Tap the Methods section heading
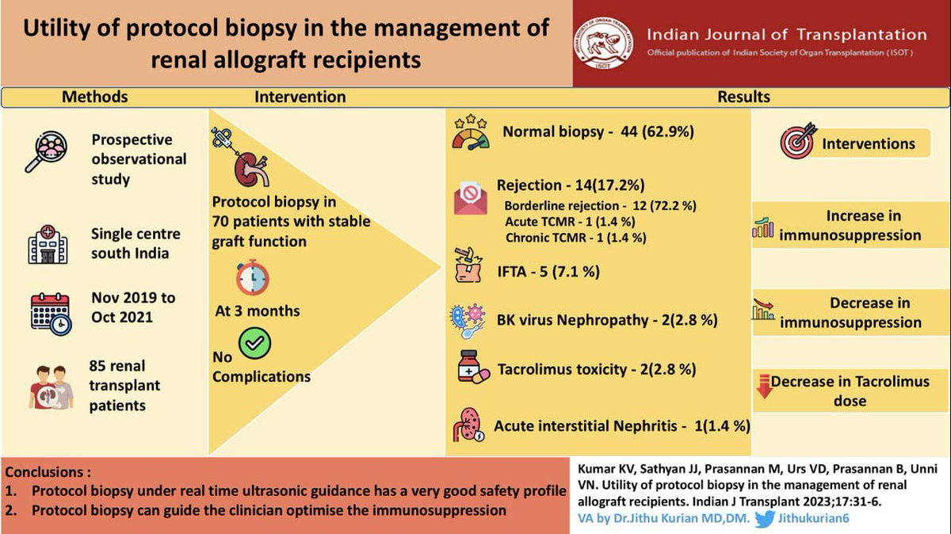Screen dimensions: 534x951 click(95, 97)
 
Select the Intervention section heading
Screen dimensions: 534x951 click(300, 97)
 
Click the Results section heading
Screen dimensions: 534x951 click(743, 97)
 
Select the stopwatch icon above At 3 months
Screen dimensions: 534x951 click(253, 277)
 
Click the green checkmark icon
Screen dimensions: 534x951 click(254, 343)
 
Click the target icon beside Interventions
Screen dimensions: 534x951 click(797, 143)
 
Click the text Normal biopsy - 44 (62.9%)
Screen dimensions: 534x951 click(598, 132)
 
